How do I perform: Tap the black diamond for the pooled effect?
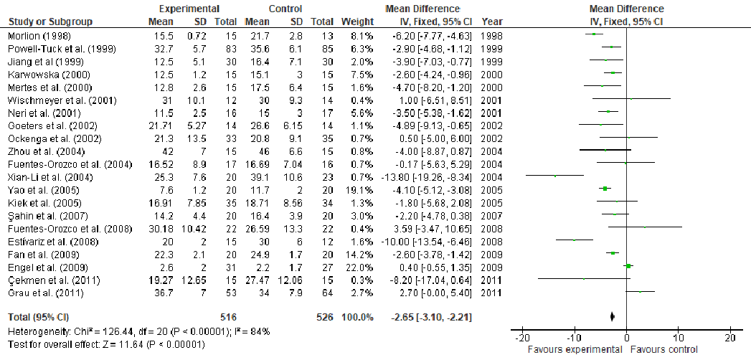(613, 316)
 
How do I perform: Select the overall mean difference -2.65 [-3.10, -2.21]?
(430, 316)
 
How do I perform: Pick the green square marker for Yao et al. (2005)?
(605, 189)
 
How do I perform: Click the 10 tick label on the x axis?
(679, 338)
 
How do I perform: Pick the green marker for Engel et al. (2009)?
(629, 265)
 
